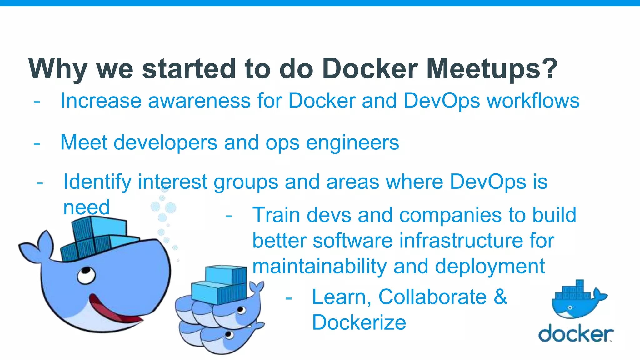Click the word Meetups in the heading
(483, 69)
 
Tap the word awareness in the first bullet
(199, 101)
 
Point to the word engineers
(352, 143)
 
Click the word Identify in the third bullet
(97, 182)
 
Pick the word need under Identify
(86, 207)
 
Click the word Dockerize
(359, 322)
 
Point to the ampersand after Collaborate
(500, 297)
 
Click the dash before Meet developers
(37, 144)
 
